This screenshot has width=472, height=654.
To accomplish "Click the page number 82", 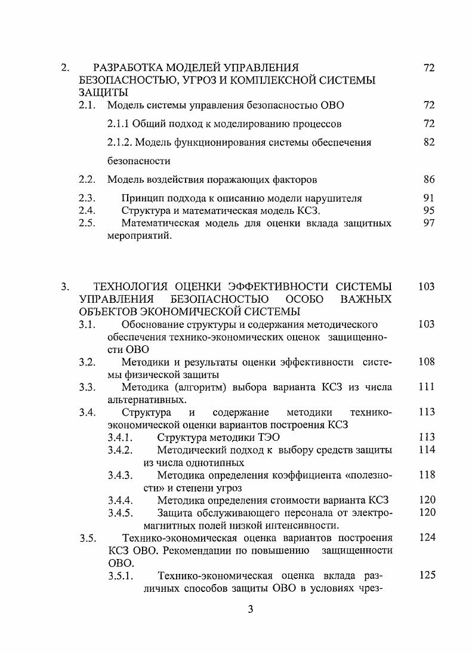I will click(428, 142).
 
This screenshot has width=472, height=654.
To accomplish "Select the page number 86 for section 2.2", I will click(428, 179).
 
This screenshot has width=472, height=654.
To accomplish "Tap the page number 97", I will click(428, 223).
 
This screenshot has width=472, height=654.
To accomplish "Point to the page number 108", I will click(426, 361).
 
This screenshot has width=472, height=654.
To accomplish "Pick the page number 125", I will click(426, 575).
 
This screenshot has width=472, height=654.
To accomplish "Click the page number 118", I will click(426, 475).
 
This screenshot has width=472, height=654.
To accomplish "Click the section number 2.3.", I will click(87, 198).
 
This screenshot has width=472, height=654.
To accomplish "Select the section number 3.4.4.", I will click(120, 500).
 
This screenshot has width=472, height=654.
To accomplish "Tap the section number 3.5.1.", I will click(120, 575).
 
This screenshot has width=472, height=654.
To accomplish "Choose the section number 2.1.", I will click(87, 105).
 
